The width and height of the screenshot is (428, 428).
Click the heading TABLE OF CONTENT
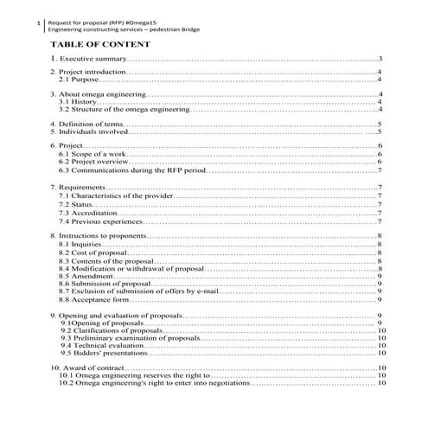[100, 44]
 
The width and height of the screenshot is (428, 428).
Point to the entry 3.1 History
[77, 102]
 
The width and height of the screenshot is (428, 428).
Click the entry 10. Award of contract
[87, 369]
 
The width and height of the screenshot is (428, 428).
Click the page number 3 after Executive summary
[380, 59]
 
